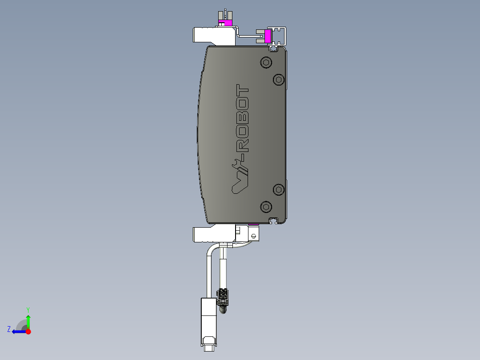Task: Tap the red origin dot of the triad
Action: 28,331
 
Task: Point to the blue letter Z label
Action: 9,329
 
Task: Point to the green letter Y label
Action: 28,309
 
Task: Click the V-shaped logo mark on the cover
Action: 240,183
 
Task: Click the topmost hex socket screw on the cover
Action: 266,62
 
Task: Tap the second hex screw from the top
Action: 279,79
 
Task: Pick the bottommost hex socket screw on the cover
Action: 266,206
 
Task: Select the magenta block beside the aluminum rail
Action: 268,36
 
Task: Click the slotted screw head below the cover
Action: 254,235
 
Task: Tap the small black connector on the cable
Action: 223,295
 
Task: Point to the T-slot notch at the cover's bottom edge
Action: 274,220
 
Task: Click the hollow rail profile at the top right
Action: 279,36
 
